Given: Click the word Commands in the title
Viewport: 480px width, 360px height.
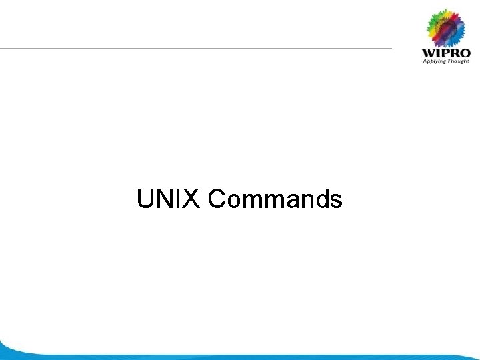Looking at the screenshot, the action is [275, 199].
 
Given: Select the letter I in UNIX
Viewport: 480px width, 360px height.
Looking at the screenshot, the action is [179, 199].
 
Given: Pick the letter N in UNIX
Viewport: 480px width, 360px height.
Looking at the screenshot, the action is [164, 199].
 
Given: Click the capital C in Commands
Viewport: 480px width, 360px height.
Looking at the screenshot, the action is [217, 199].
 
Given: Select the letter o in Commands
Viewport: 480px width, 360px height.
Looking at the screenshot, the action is [232, 200].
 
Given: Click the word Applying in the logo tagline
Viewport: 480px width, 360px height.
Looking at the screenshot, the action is [434, 61].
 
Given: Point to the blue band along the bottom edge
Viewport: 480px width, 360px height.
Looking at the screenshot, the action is [240, 356].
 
